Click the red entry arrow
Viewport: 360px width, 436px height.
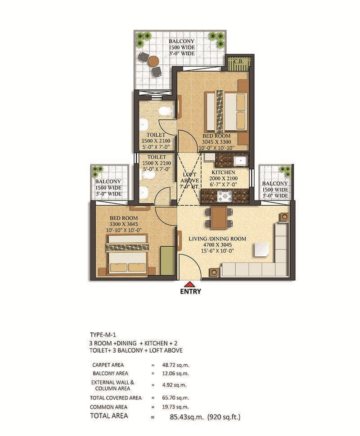coord(190,284)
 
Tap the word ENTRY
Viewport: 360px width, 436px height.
coord(190,291)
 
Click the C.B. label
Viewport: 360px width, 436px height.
coord(238,62)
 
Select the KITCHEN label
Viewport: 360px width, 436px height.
coord(223,173)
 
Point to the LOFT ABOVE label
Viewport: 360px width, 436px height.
coord(189,177)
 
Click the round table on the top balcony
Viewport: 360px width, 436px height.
coord(153,61)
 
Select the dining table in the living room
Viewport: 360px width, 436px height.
coord(219,217)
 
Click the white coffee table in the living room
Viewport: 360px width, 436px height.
coord(261,250)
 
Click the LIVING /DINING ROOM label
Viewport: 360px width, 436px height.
coord(217,239)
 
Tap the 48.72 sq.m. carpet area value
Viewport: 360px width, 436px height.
coord(175,365)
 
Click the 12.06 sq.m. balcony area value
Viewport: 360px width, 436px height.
coord(175,373)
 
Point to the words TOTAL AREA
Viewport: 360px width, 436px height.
coord(109,416)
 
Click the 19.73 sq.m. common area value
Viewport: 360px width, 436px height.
coord(175,407)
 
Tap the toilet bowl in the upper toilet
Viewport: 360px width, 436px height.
coord(165,111)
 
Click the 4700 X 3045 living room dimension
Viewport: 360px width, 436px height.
coord(217,245)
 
